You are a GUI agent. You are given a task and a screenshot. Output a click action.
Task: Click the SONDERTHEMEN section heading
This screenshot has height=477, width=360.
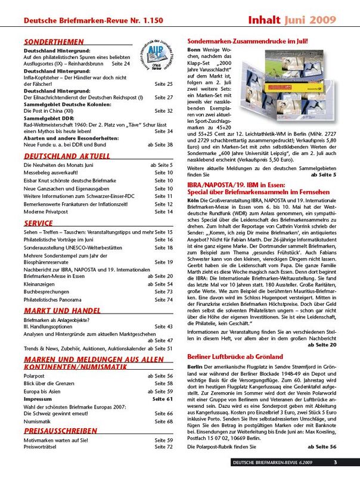click(x=49, y=43)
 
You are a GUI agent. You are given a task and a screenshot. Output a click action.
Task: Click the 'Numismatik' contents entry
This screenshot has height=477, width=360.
click(x=38, y=421)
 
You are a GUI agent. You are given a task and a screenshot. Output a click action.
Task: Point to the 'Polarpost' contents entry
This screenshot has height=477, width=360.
click(x=36, y=376)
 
